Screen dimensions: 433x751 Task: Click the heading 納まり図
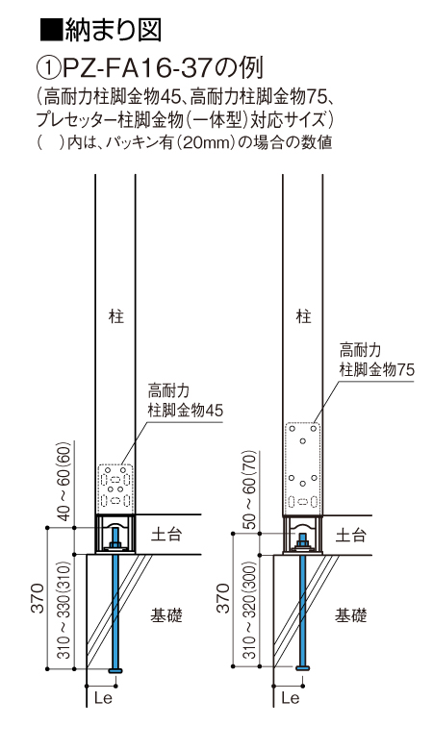point(113,30)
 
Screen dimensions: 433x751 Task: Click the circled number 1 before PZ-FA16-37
point(48,68)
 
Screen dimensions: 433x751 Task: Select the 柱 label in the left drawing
point(116,316)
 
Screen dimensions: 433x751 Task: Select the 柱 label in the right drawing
point(303,316)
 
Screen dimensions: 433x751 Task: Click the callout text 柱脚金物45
point(186,411)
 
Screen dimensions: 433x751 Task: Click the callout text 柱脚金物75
point(377,370)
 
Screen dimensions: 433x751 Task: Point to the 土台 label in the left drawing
point(166,535)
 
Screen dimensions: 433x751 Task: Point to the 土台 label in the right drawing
point(350,535)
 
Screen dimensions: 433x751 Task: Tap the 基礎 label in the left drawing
point(166,615)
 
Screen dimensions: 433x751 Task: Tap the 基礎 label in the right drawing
point(351,615)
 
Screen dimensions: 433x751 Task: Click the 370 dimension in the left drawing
point(38,598)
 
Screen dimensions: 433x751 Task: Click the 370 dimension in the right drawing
point(223,598)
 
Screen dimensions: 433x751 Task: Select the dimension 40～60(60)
point(64,481)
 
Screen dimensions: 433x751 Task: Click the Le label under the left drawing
point(102,697)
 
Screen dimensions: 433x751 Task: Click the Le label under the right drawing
point(290,697)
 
